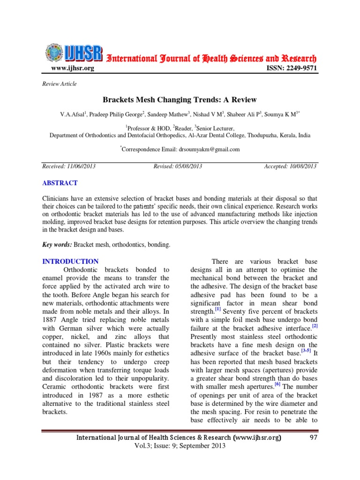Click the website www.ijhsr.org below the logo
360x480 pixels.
point(72,68)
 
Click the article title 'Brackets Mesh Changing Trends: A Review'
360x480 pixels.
point(180,100)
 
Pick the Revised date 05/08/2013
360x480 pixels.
point(178,166)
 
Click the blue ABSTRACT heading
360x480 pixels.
point(60,183)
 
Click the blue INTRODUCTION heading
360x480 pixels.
point(70,262)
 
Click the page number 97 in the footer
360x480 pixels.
point(314,437)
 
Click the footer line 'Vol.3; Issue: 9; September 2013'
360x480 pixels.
point(180,446)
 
